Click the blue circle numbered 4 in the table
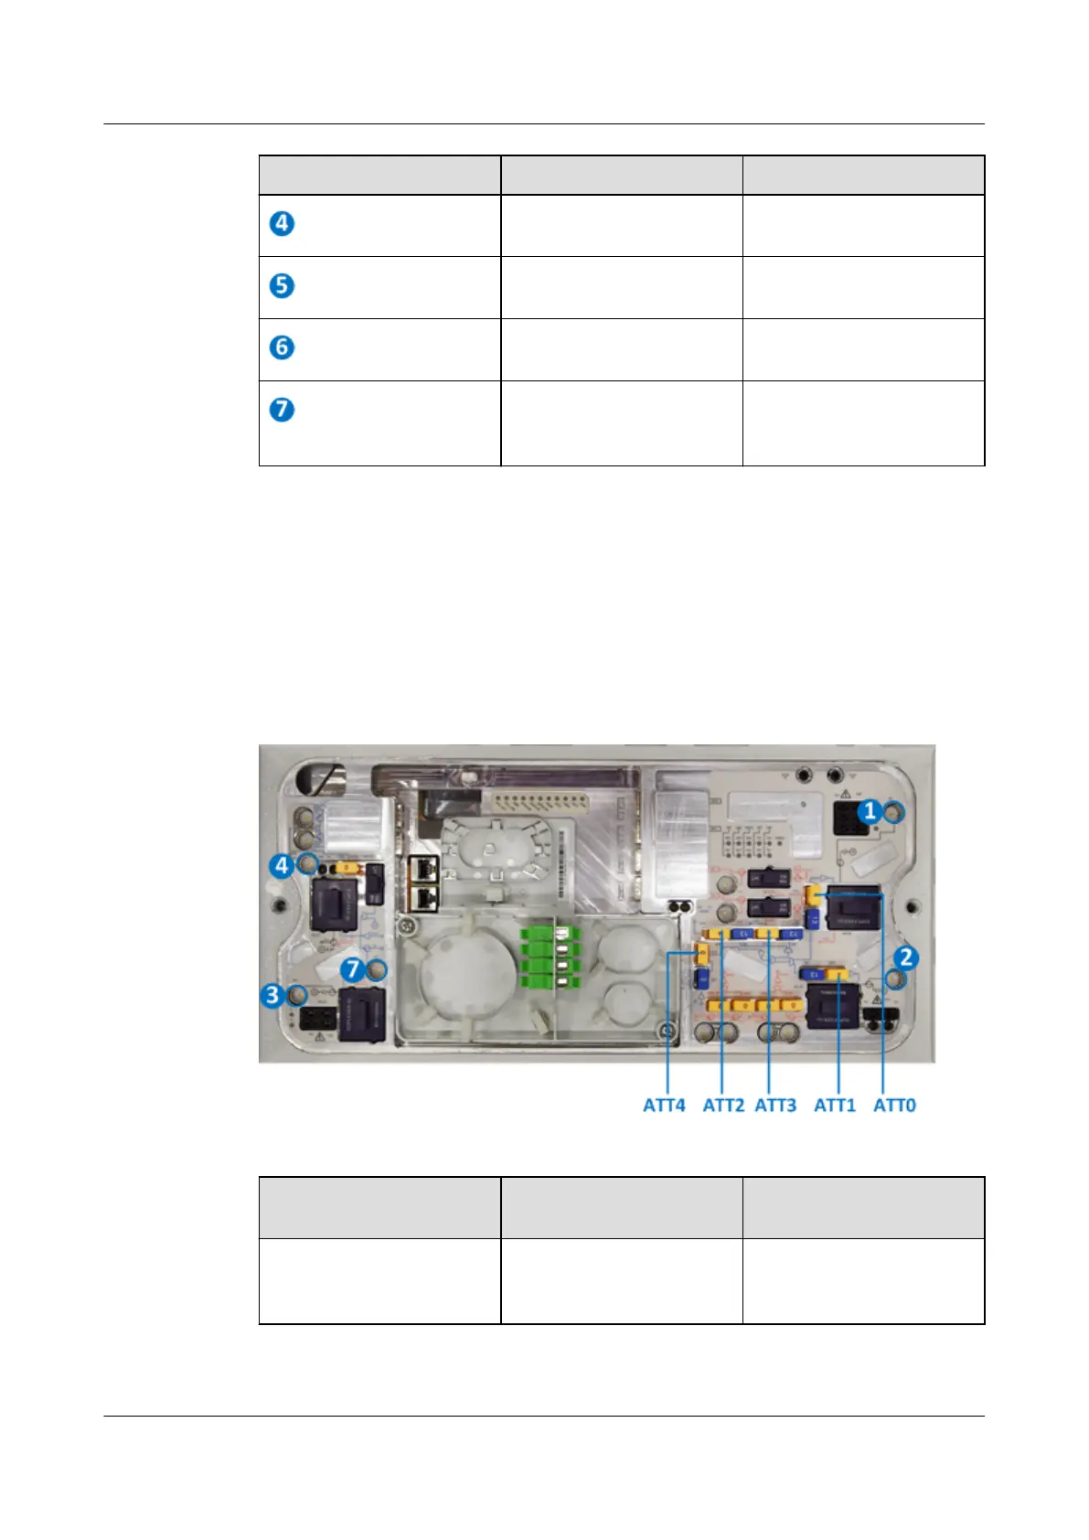coord(283,223)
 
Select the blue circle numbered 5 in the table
coord(283,285)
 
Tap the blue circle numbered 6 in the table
coord(283,348)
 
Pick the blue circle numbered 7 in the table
coord(283,409)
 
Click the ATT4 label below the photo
coord(664,1105)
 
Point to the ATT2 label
coord(723,1105)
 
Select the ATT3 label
coord(775,1105)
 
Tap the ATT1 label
coord(835,1105)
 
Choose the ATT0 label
coord(894,1105)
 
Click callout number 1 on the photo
coord(870,810)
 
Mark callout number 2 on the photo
coord(905,957)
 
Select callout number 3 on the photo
coord(272,994)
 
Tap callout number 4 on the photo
coord(282,864)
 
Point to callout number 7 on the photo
coord(353,968)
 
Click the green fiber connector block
coord(539,957)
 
